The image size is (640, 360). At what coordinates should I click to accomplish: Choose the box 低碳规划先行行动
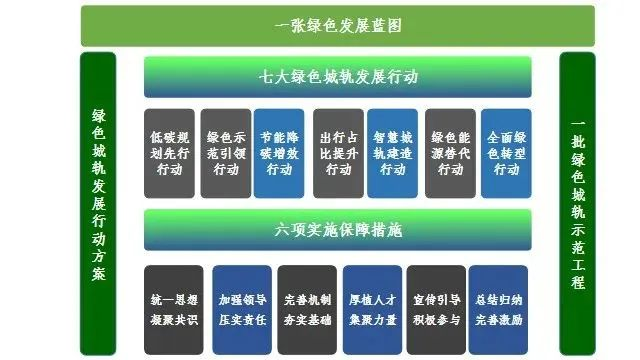pos(169,153)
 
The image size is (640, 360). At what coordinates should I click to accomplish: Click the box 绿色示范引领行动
pos(225,153)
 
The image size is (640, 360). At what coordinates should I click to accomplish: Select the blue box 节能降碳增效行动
pos(279,153)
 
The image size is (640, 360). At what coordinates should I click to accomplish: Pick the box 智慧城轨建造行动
pos(393,153)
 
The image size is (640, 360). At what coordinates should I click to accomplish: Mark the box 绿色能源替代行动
pos(449,153)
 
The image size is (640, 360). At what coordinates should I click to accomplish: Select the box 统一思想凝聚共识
pos(173,308)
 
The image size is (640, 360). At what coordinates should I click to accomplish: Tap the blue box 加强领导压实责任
pos(240,308)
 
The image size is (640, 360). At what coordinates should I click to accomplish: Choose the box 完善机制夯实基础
pos(307,308)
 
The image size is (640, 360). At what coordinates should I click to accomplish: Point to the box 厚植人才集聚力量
pos(372,308)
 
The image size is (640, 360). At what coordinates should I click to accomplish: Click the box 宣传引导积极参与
pos(436,308)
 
